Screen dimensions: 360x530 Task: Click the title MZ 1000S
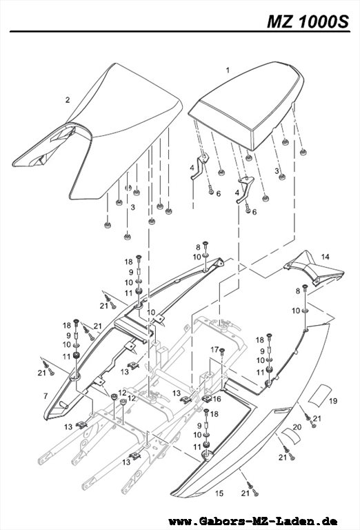click(308, 21)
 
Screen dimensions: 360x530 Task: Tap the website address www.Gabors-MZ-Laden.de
click(253, 521)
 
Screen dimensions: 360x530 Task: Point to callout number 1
click(228, 70)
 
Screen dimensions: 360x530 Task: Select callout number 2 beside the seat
click(68, 99)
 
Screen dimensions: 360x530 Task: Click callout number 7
click(46, 395)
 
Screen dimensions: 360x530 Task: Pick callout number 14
click(325, 257)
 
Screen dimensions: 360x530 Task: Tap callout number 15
click(219, 493)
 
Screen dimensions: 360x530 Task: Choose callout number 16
click(217, 399)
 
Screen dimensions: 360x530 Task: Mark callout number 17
click(214, 349)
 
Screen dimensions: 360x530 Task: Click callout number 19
click(333, 401)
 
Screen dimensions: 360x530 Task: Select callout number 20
click(297, 427)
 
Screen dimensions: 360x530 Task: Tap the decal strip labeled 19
click(320, 393)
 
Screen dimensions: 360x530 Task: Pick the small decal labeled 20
click(291, 435)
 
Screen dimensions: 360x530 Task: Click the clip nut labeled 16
click(207, 398)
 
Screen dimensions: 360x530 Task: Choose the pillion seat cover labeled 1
click(246, 105)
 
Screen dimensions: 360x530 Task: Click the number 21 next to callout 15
click(246, 493)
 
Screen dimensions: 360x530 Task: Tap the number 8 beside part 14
click(297, 291)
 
